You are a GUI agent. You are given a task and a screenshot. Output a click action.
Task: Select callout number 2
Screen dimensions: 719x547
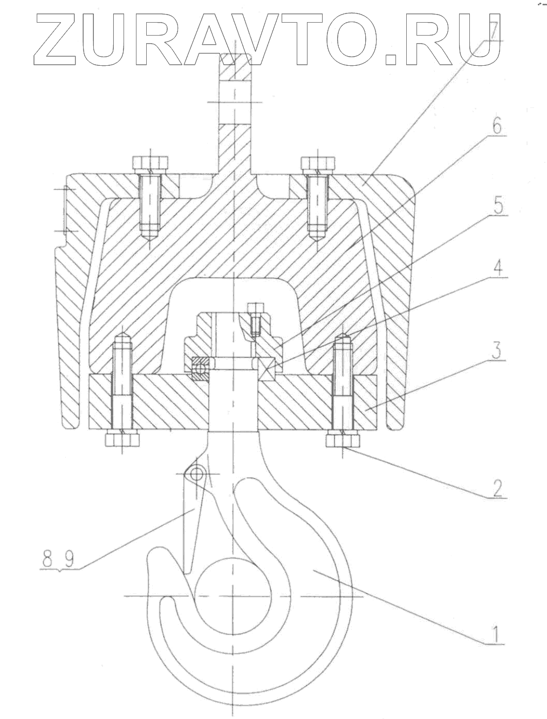(x=497, y=487)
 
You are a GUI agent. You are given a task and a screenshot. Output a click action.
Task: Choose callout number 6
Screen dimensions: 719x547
(x=496, y=127)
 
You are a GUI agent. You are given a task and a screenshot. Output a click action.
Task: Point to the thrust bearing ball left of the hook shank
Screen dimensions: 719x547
(x=201, y=369)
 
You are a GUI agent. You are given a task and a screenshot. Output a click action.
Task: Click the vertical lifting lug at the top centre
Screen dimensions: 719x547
(x=235, y=108)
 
